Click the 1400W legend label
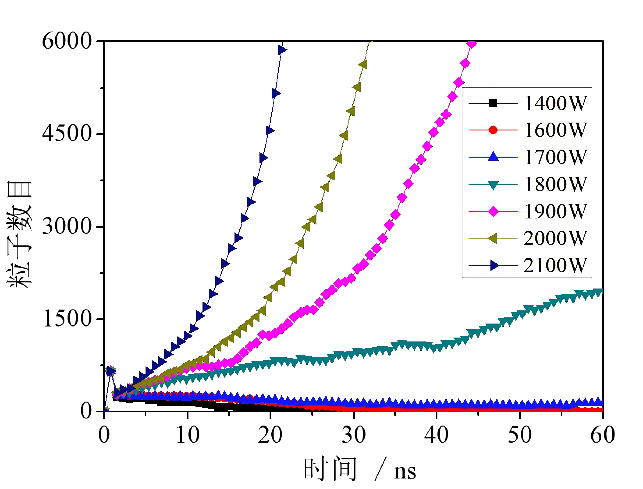(x=555, y=103)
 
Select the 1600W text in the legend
(x=555, y=130)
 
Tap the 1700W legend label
(x=555, y=157)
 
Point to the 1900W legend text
(x=555, y=211)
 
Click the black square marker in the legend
(x=493, y=103)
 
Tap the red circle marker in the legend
(x=493, y=130)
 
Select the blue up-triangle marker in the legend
(x=493, y=157)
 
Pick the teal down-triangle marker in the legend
(x=493, y=185)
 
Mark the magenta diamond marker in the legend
(x=493, y=211)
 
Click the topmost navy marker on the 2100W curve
(x=282, y=50)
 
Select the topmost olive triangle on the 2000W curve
(x=363, y=64)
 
